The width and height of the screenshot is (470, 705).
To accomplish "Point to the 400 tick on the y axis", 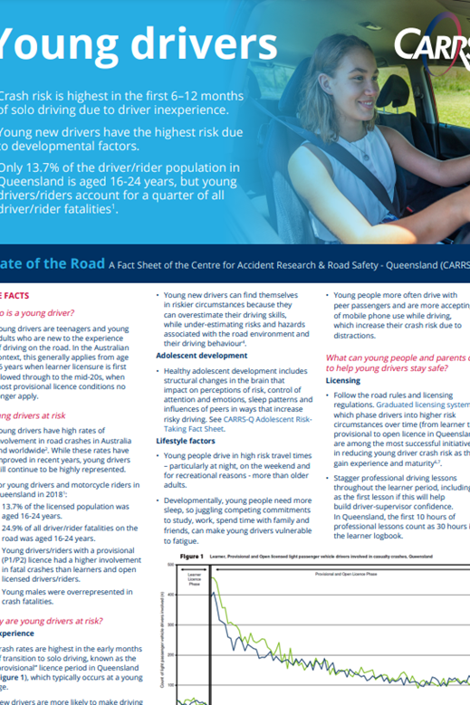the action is point(171,595).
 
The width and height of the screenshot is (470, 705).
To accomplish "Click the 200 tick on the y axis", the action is point(171,654).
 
